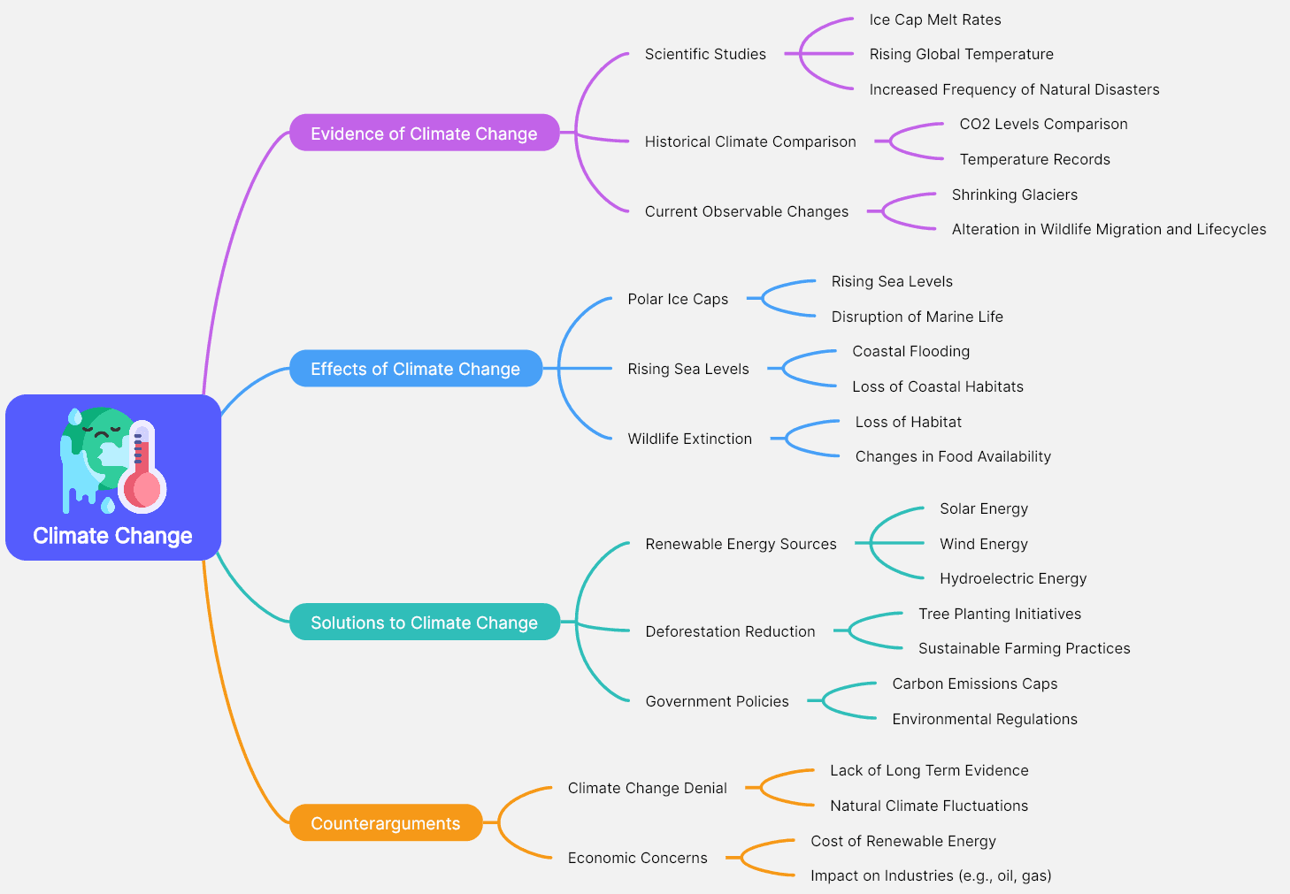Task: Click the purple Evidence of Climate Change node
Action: tap(424, 134)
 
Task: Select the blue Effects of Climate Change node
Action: tap(415, 369)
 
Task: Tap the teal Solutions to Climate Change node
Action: tap(424, 623)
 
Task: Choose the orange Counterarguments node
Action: tap(385, 823)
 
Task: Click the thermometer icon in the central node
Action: tap(142, 469)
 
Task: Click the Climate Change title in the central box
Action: tap(112, 536)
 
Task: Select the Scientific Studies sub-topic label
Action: tap(705, 54)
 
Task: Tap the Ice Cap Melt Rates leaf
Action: tap(935, 19)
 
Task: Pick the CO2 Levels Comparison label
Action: tap(1043, 124)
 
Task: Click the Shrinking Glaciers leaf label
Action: tap(1015, 195)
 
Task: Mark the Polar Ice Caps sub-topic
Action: tap(678, 299)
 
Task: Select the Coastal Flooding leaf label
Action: tap(910, 351)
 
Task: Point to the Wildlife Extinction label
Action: tap(689, 439)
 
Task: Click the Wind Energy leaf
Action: tap(984, 544)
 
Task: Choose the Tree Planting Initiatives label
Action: tap(1000, 614)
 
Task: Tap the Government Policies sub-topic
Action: tap(717, 701)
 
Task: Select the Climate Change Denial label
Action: tap(647, 788)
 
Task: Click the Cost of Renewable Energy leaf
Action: tap(903, 841)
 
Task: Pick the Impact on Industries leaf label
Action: tap(931, 875)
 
